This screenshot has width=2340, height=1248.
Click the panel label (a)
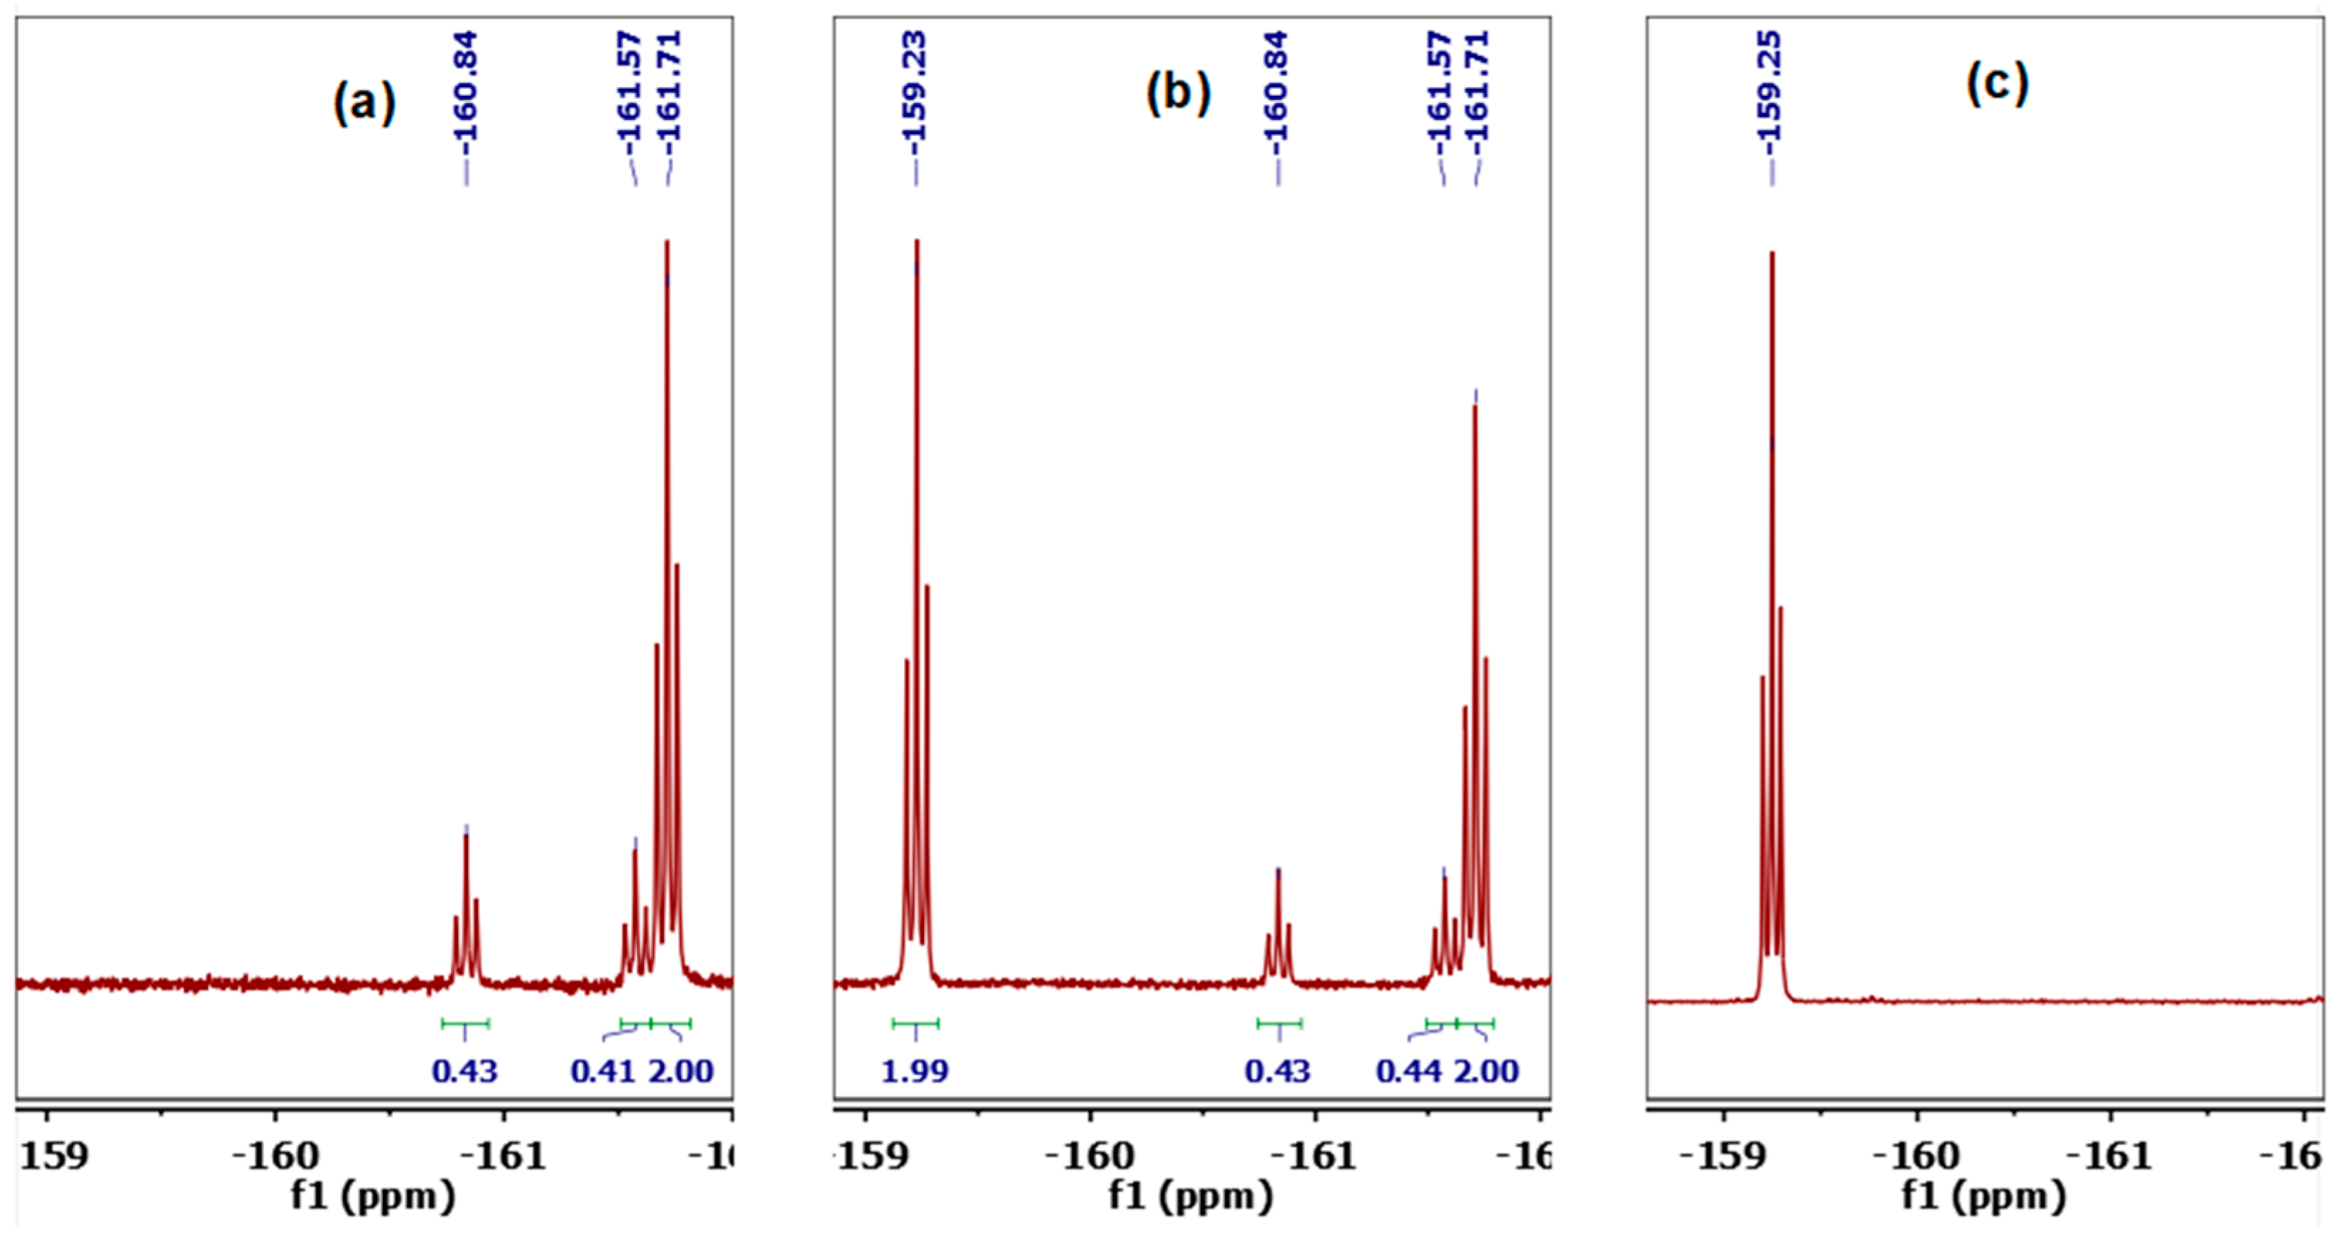click(x=364, y=101)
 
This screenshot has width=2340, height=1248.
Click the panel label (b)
click(x=1178, y=92)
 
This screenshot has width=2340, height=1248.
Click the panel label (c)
click(x=1996, y=84)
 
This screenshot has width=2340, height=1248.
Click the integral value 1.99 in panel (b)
click(x=915, y=1072)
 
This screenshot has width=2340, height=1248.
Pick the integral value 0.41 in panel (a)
click(x=603, y=1072)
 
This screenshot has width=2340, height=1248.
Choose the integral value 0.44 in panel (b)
click(x=1409, y=1072)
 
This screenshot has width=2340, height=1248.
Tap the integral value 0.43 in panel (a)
click(x=465, y=1072)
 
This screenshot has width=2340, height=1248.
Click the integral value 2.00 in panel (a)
click(x=681, y=1072)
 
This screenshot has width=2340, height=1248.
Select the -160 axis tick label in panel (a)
click(x=276, y=1156)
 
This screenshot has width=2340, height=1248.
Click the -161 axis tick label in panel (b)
click(x=1314, y=1156)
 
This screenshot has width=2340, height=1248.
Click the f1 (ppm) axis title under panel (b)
click(x=1190, y=1196)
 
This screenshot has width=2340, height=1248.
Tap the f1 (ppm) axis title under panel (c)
click(x=1984, y=1196)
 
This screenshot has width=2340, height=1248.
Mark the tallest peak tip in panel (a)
click(x=668, y=242)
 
